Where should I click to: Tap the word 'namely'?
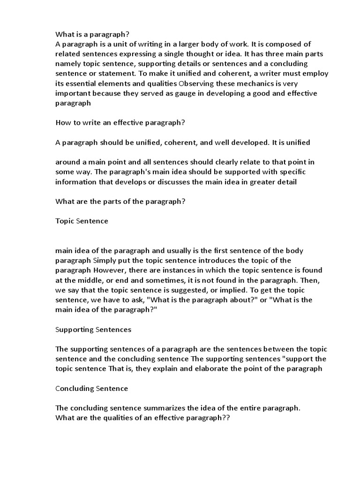pos(67,64)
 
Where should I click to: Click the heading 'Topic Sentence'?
pos(82,221)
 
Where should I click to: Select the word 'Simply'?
pos(104,261)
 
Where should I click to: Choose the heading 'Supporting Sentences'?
pos(93,330)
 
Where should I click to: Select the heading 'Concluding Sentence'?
pos(91,388)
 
